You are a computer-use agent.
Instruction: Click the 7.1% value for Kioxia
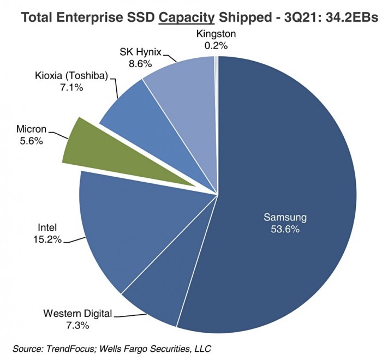click(73, 87)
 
